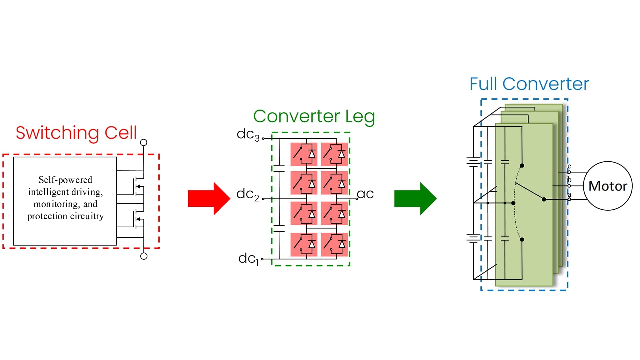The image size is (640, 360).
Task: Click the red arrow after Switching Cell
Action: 209,199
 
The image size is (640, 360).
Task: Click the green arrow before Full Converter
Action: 415,199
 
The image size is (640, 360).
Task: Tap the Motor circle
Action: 608,186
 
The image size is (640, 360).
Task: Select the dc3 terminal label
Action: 248,134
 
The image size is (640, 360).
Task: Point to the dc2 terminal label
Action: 247,194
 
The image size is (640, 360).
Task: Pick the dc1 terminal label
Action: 248,259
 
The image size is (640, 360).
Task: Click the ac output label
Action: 365,194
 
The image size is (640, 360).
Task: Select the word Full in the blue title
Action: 484,84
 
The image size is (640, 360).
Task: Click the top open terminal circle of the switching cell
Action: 144,143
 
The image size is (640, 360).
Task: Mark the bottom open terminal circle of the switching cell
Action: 144,256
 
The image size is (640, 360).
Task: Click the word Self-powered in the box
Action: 65,180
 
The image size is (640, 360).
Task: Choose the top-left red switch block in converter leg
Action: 304,154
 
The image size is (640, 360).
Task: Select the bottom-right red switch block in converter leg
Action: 334,245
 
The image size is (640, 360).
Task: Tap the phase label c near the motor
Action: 569,166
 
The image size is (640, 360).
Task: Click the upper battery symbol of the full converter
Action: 473,162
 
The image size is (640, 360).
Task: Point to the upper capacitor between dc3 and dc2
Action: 279,168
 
